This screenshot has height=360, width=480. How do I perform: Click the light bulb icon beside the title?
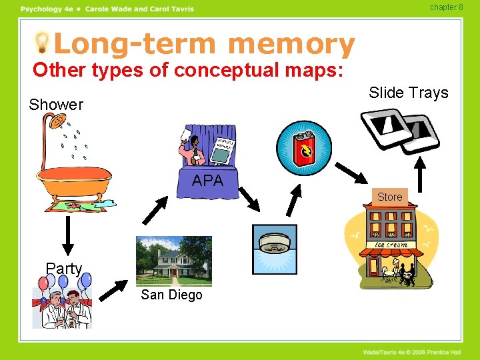coord(43,43)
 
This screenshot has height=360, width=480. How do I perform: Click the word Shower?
coord(56,105)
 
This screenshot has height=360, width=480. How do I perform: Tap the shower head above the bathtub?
coord(57,123)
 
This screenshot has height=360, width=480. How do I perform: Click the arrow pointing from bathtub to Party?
coord(67,235)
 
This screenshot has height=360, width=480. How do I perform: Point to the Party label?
coord(64,269)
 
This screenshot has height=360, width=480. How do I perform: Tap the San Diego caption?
coord(171,295)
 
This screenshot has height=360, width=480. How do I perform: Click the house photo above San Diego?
coord(173,261)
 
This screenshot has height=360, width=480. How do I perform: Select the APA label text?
coord(208,180)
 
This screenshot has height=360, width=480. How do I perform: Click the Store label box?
coord(390,197)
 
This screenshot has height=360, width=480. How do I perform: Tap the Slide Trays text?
coord(409,93)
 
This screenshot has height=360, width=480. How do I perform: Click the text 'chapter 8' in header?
coord(446,7)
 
